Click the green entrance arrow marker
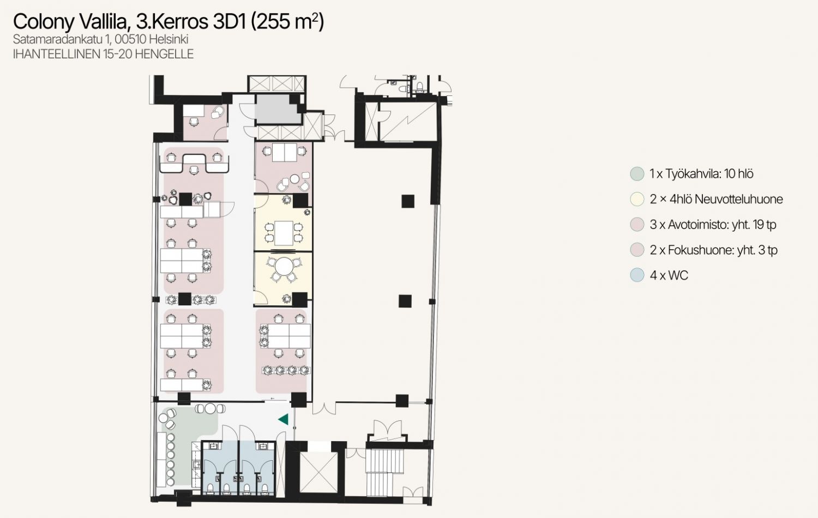pos(284,419)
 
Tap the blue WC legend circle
pos(637,275)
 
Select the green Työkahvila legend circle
pos(637,174)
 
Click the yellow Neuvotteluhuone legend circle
pos(637,200)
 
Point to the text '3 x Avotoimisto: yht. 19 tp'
pos(713,225)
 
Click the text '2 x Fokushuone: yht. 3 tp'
pos(713,250)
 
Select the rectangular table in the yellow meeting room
pos(284,233)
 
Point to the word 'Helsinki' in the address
pos(169,39)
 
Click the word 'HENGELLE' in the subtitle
pos(164,54)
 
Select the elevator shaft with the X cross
pos(318,471)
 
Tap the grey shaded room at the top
pos(278,109)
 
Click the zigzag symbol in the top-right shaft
pos(408,121)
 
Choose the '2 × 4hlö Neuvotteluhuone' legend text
pos(717,200)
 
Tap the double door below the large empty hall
pos(324,408)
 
